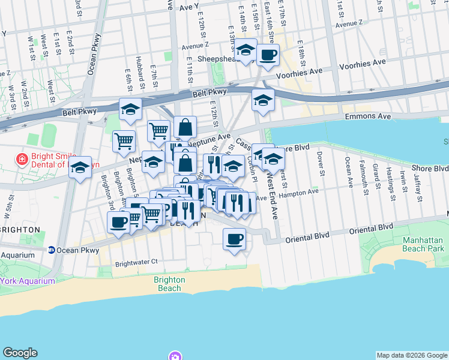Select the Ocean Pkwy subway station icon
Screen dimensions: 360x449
tap(52, 250)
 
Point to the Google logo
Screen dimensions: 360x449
tap(20, 353)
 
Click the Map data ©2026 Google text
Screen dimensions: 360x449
tap(412, 355)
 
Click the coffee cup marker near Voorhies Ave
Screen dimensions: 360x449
tap(268, 55)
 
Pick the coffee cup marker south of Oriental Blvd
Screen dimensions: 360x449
tap(234, 239)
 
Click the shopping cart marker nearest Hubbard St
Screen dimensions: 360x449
tap(124, 141)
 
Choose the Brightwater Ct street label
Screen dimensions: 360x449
tap(136, 262)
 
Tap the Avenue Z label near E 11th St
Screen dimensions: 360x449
tap(194, 46)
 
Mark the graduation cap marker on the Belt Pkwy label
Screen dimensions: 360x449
tap(130, 110)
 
